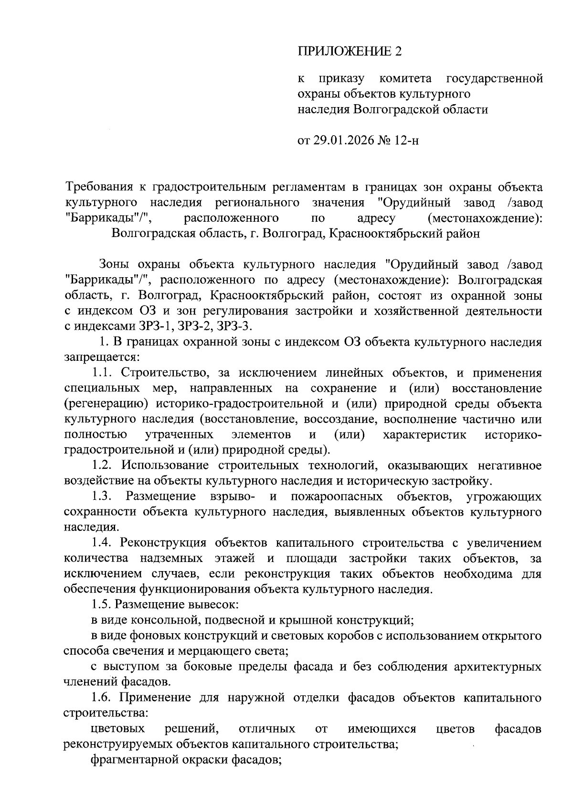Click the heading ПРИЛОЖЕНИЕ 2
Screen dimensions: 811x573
click(350, 52)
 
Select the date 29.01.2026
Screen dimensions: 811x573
click(341, 141)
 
